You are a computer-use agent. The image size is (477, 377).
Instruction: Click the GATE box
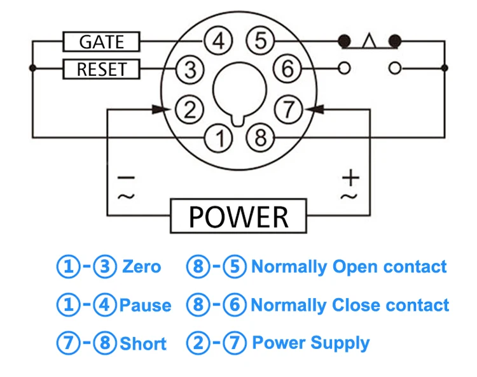pos(101,42)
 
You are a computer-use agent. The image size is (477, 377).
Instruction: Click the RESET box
pos(101,69)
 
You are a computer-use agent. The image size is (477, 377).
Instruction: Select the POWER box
pos(238,216)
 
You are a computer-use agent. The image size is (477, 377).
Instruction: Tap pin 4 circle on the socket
pos(218,42)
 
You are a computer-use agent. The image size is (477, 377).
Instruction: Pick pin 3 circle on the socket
pos(190,69)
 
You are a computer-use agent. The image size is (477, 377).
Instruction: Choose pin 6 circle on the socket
pos(287,69)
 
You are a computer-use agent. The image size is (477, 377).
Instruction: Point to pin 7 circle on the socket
pos(289,110)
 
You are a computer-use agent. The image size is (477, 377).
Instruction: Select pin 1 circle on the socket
pos(219,138)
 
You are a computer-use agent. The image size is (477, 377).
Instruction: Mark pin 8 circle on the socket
pos(259,138)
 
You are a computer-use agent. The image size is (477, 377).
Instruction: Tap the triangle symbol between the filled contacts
pos(370,42)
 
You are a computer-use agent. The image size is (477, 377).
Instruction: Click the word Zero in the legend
pos(141,267)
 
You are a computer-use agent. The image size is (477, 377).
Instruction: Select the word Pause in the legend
pos(145,306)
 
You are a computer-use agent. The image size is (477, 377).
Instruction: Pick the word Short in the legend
pos(143,344)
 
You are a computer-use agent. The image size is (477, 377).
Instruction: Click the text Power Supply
pos(310,343)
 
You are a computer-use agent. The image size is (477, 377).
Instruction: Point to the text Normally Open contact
pos(349,267)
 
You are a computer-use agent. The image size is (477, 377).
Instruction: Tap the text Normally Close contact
pos(350,306)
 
